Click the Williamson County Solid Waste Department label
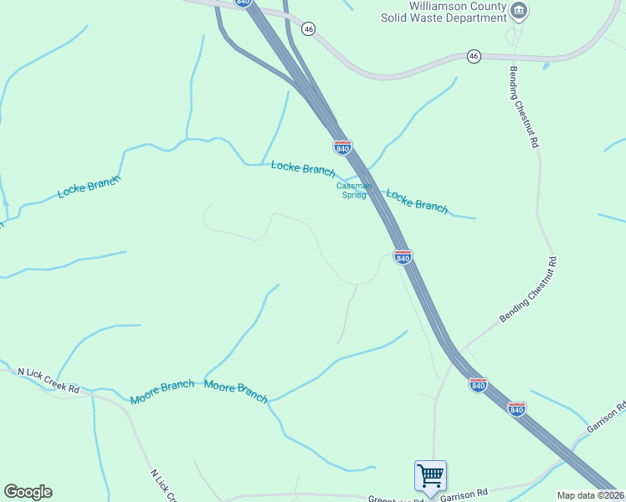pyautogui.click(x=456, y=12)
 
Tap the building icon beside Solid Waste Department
pyautogui.click(x=520, y=10)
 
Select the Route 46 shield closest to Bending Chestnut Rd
pyautogui.click(x=474, y=56)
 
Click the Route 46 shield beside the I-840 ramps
pyautogui.click(x=309, y=28)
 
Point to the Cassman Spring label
pyautogui.click(x=354, y=191)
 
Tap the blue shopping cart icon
pyautogui.click(x=430, y=476)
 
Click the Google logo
pyautogui.click(x=28, y=492)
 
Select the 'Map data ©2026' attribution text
pyautogui.click(x=591, y=495)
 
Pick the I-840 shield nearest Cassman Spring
pyautogui.click(x=342, y=147)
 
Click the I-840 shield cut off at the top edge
pyautogui.click(x=243, y=3)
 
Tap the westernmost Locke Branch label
pyautogui.click(x=89, y=186)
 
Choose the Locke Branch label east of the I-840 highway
pyautogui.click(x=417, y=201)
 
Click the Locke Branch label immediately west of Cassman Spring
pyautogui.click(x=303, y=168)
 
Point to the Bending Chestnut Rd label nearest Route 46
pyautogui.click(x=524, y=107)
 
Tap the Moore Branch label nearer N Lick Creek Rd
pyautogui.click(x=162, y=392)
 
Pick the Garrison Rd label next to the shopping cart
pyautogui.click(x=470, y=494)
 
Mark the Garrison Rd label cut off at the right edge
pyautogui.click(x=607, y=417)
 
